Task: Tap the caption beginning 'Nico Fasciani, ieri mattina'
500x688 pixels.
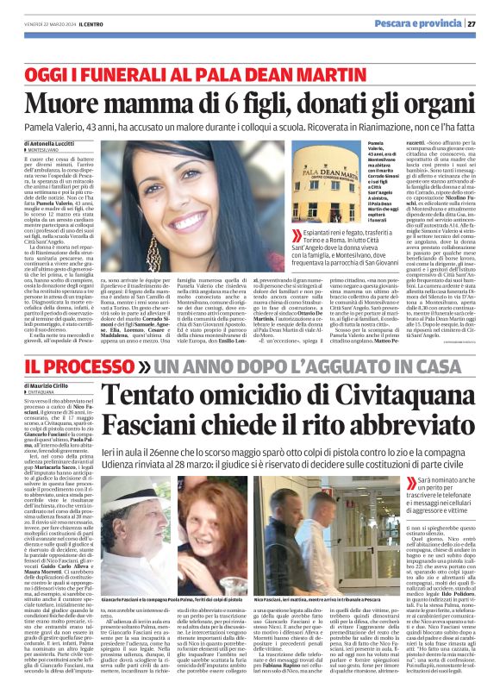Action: (x=319, y=572)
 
